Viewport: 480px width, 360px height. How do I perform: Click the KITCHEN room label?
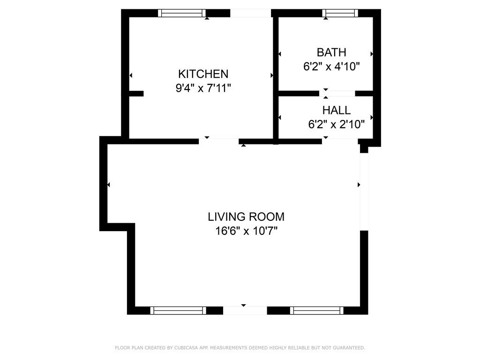(x=203, y=74)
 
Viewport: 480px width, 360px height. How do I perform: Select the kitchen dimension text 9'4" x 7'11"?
(x=203, y=88)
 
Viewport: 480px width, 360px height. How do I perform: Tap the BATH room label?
(x=331, y=52)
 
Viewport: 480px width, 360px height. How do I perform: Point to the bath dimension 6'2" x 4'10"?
(x=331, y=66)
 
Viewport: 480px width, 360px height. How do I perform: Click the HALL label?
(x=336, y=110)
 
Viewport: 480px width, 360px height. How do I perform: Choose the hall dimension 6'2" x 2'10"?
(x=336, y=124)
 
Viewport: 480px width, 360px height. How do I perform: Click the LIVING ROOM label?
(x=246, y=217)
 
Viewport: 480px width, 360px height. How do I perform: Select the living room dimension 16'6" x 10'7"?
(x=246, y=231)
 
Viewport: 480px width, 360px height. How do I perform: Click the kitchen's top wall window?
(x=182, y=13)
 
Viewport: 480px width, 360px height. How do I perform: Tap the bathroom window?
(x=340, y=13)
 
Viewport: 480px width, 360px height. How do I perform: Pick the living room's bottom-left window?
(x=178, y=310)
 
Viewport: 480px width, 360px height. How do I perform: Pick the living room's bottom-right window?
(x=316, y=310)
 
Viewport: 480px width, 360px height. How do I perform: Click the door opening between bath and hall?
(x=337, y=93)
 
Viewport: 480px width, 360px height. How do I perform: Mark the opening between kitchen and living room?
(x=219, y=141)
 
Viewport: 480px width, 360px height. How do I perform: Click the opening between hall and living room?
(x=340, y=141)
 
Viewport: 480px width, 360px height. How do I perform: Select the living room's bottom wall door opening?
(x=245, y=310)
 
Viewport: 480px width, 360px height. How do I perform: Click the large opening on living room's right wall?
(x=364, y=191)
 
